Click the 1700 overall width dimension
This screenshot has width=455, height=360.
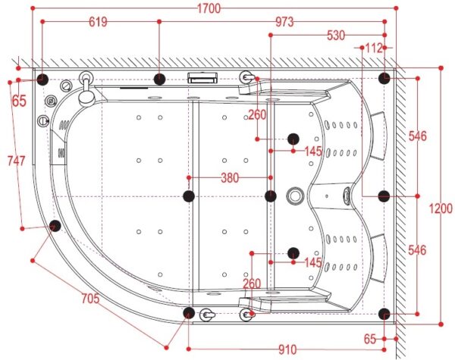209,8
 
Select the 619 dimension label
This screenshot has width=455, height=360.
98,22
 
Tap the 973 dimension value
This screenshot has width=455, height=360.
284,22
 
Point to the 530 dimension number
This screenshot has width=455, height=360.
336,36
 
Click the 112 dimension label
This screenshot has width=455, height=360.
374,49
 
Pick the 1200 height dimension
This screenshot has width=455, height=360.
441,208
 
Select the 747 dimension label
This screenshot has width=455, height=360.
16,161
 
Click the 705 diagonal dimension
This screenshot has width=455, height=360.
90,298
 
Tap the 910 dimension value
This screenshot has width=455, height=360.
287,349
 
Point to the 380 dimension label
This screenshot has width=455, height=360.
230,178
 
